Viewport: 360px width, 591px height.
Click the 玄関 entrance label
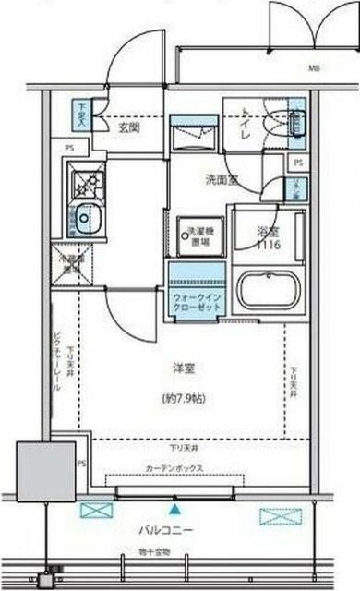(128, 128)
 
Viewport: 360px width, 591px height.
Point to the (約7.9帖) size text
(185, 400)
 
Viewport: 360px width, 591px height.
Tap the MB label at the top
(314, 69)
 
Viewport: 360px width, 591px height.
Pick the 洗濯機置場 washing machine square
(196, 235)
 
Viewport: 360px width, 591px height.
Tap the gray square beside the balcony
(45, 471)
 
